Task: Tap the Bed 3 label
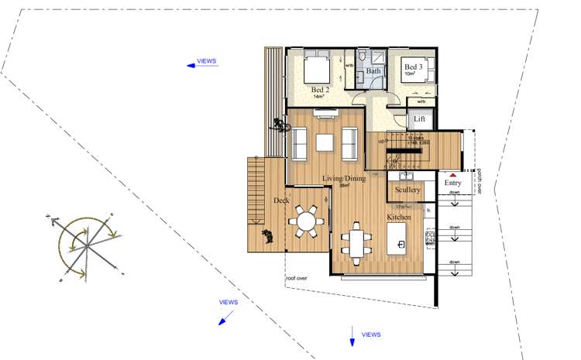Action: click(412, 67)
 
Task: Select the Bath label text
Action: click(373, 71)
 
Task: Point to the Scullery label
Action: click(407, 190)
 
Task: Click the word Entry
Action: click(452, 183)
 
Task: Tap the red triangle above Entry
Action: click(452, 176)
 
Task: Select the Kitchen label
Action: click(399, 218)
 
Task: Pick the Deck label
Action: click(280, 200)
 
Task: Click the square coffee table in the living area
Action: click(324, 142)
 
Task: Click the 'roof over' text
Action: click(296, 278)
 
